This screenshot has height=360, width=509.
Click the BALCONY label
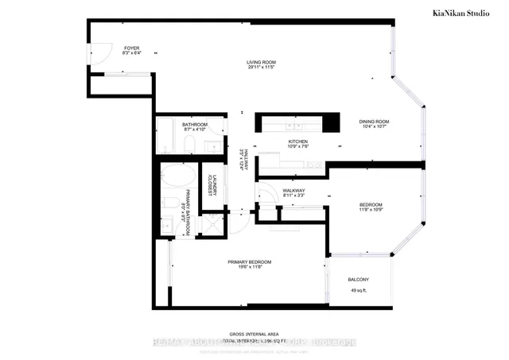358,280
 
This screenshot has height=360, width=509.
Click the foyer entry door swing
99,56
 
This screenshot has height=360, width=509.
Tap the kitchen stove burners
314,165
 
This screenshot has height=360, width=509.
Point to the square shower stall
212,225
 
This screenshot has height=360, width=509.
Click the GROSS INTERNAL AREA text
253,334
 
